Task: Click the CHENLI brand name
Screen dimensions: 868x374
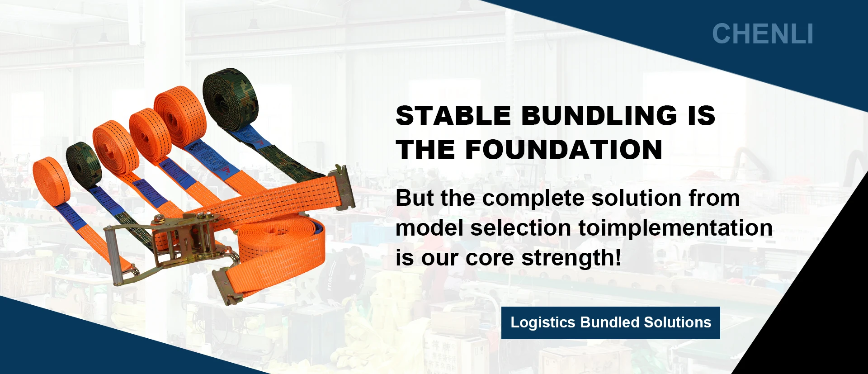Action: coord(763,34)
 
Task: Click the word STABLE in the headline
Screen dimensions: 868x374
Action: coord(453,115)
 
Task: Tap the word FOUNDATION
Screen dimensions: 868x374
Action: coord(564,150)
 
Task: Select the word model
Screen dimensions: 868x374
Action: coord(429,228)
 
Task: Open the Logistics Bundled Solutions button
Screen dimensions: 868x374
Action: coord(611,323)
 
